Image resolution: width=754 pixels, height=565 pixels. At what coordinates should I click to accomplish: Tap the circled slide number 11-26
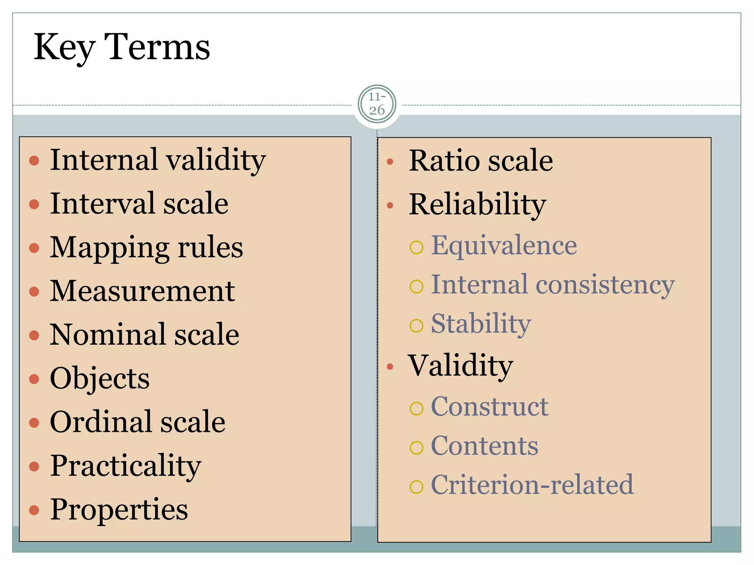[x=377, y=104]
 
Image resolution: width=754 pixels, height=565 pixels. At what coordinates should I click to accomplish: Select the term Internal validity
[x=158, y=160]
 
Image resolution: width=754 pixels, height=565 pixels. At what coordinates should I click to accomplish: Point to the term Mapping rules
[x=146, y=248]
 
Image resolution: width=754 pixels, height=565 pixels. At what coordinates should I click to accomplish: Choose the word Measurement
[x=142, y=291]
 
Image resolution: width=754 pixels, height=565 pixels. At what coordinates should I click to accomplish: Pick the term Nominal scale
[x=144, y=334]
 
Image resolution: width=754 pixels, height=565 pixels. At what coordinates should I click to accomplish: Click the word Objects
[x=100, y=378]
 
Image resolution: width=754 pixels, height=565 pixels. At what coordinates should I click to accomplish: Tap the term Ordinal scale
[x=137, y=422]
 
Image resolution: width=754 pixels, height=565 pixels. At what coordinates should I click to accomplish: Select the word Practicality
[x=126, y=466]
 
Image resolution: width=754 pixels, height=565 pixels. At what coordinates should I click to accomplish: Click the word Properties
[x=119, y=509]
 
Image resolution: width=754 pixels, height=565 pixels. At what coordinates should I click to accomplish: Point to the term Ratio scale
[x=480, y=161]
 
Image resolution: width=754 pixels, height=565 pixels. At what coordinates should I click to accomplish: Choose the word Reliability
[x=477, y=205]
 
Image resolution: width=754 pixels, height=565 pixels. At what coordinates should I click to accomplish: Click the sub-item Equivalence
[x=504, y=245]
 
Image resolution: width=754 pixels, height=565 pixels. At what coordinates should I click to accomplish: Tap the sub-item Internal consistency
[x=553, y=285]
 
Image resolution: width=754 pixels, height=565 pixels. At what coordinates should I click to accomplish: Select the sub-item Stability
[x=481, y=324]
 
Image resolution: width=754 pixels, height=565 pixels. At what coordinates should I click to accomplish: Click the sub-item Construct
[x=489, y=407]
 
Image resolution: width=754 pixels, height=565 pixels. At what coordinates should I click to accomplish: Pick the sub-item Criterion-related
[x=532, y=485]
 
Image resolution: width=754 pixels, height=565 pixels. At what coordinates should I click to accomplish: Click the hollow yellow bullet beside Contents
[x=416, y=448]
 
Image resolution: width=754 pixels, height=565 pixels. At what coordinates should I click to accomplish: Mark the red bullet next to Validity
[x=390, y=366]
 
